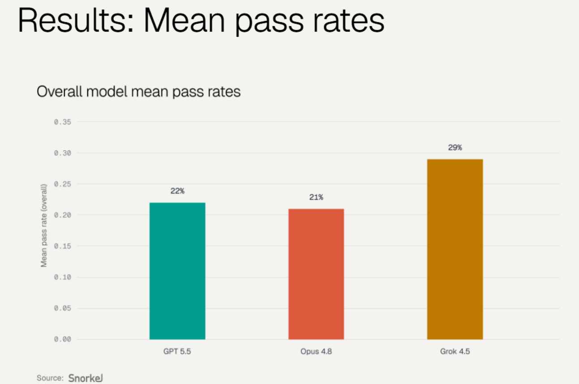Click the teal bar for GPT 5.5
(177, 271)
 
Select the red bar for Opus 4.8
(316, 274)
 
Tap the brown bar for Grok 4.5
(455, 249)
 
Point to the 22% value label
(177, 191)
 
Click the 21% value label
(316, 197)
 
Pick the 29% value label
(455, 148)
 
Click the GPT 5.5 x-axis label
(177, 351)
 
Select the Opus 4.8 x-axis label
(316, 351)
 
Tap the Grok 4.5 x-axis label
(455, 351)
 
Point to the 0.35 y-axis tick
(63, 122)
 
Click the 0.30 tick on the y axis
(63, 153)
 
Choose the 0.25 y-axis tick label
(63, 184)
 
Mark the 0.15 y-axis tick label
(63, 246)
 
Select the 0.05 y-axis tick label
(63, 308)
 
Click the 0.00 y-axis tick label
(63, 339)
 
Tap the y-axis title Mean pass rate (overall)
(44, 225)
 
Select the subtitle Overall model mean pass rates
(138, 92)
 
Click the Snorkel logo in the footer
(86, 378)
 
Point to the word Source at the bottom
(50, 378)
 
